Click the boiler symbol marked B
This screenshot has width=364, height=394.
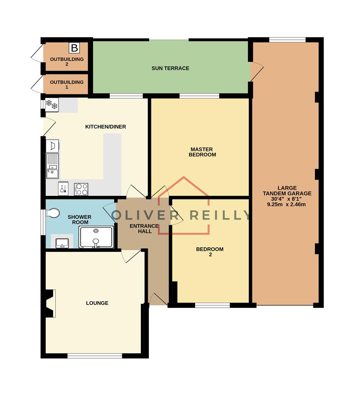pos(74,48)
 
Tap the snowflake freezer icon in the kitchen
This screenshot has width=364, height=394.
pos(51,105)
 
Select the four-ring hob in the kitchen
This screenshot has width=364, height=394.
pos(81,189)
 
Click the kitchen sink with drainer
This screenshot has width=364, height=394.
pos(52,166)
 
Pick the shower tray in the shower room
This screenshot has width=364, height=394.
pos(96,237)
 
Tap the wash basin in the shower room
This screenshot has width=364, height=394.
pos(61,242)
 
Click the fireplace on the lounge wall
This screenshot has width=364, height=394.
pos(49,303)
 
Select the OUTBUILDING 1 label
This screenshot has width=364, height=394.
pos(67,85)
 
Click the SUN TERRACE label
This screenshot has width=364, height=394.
pos(170,68)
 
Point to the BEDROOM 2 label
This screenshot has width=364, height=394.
pos(210,252)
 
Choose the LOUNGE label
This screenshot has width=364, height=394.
pos(97,303)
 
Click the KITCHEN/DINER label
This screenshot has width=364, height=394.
pos(105,127)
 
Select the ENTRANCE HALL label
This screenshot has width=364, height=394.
pos(144,228)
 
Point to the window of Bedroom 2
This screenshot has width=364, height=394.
pos(212,305)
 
